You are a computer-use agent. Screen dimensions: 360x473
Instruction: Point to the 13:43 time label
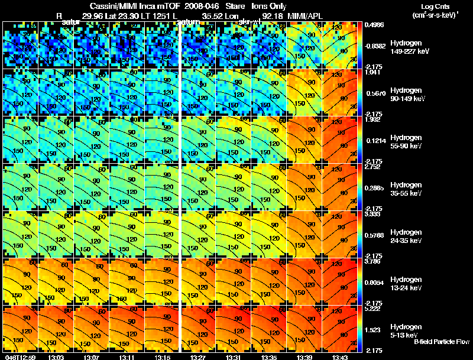click(x=342, y=356)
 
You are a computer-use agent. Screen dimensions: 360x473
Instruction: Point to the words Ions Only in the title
click(x=269, y=6)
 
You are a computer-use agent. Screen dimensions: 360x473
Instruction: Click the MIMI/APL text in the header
click(x=305, y=15)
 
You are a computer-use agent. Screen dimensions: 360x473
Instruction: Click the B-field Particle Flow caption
click(x=442, y=342)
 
